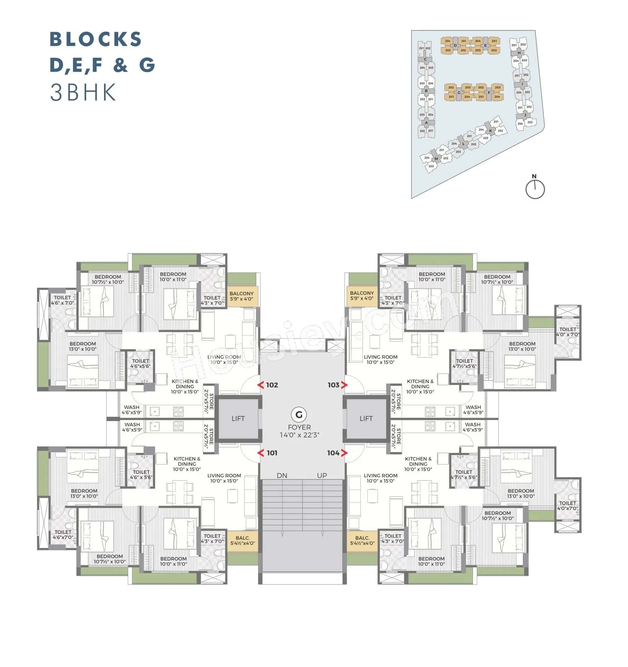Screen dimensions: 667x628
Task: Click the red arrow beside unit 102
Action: (x=261, y=385)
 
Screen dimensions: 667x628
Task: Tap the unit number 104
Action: (x=333, y=453)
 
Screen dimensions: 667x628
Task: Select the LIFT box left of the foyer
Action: (x=238, y=419)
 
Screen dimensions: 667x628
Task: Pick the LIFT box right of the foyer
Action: (x=366, y=419)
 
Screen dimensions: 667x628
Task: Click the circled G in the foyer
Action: (x=299, y=414)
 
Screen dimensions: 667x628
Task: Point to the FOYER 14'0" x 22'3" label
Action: (x=299, y=431)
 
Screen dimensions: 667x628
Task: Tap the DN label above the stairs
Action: (x=282, y=476)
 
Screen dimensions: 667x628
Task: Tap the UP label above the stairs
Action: (x=322, y=476)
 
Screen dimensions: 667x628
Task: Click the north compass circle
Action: (x=535, y=189)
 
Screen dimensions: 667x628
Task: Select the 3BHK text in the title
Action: (x=83, y=93)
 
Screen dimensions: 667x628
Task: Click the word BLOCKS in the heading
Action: (x=96, y=39)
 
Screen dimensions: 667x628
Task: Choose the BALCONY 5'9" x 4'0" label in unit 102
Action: (x=241, y=296)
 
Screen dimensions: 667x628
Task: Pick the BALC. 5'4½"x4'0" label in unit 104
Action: (x=362, y=540)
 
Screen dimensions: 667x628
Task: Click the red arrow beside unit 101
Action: (x=261, y=453)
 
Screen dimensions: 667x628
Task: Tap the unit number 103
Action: (x=333, y=385)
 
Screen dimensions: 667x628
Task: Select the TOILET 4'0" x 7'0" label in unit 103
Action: (x=568, y=332)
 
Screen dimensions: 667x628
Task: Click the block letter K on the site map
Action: (x=490, y=131)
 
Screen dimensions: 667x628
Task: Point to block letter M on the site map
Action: (x=436, y=159)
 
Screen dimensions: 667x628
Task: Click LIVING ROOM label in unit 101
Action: (x=224, y=478)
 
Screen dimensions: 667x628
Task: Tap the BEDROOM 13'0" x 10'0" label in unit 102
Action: (x=83, y=346)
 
